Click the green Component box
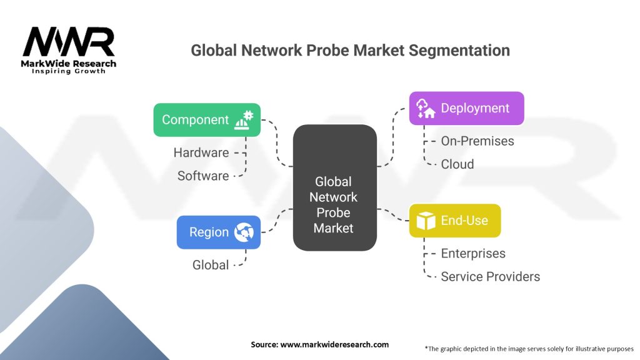click(x=207, y=120)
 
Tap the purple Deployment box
click(x=466, y=108)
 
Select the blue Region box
click(x=218, y=232)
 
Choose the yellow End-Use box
click(x=454, y=221)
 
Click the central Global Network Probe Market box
click(x=334, y=187)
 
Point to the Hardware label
click(x=201, y=152)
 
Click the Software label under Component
click(x=202, y=176)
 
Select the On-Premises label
click(x=477, y=141)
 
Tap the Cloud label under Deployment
click(x=457, y=164)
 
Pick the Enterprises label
click(x=473, y=254)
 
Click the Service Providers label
click(x=490, y=277)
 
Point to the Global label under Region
click(x=211, y=265)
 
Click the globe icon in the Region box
click(x=244, y=232)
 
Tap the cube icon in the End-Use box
click(x=426, y=221)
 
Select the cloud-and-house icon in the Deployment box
click(x=426, y=108)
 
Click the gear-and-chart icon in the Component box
click(x=243, y=120)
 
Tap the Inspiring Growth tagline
click(x=69, y=71)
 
